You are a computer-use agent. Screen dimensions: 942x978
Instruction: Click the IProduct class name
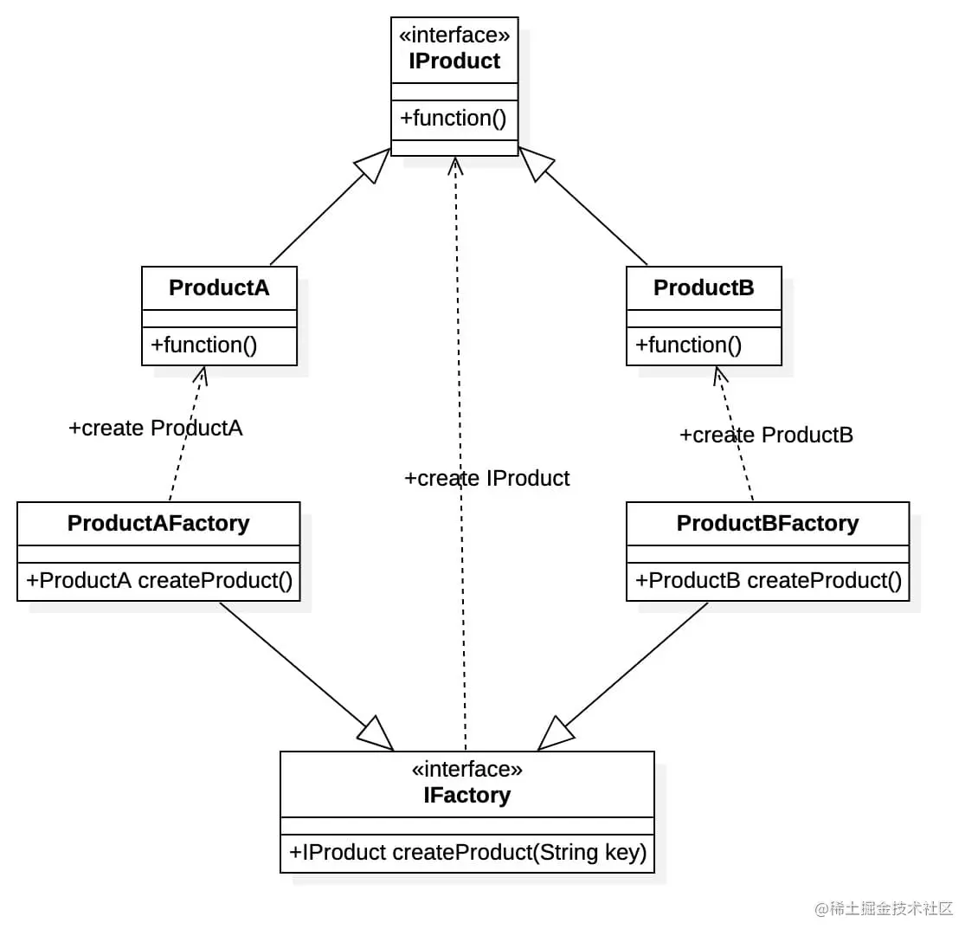pos(454,61)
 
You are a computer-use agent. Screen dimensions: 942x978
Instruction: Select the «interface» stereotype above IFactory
pos(466,769)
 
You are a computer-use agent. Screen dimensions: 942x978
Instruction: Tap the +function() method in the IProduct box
pos(454,118)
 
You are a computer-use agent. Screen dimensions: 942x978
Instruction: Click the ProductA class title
pos(219,287)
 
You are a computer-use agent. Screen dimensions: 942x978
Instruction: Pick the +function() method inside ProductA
pos(204,345)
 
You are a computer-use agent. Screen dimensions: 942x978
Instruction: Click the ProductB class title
pos(704,287)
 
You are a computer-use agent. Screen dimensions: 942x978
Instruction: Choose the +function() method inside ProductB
pos(689,345)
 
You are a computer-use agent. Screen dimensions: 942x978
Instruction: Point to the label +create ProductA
pos(156,428)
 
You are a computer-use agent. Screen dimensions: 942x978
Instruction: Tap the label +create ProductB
pos(766,435)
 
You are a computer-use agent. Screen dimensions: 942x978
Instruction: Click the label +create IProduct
pos(487,478)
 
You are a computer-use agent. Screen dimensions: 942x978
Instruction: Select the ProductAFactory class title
pos(158,523)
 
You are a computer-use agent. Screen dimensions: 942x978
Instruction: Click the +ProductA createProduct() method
pos(159,580)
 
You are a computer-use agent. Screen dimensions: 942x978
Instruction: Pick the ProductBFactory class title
pos(768,523)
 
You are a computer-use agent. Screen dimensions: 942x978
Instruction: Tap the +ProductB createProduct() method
pos(769,580)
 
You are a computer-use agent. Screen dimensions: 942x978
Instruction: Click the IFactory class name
pos(466,795)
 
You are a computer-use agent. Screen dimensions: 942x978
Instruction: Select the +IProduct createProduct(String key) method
pos(467,852)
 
